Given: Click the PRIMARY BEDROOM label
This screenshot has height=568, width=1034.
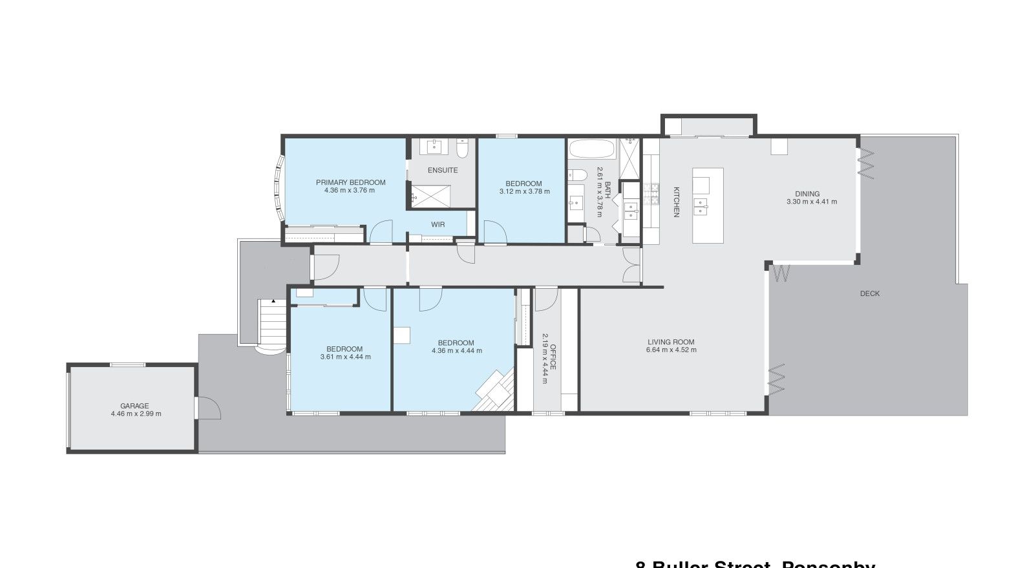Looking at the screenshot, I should coord(350,182).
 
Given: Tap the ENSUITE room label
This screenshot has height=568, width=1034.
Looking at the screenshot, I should coord(443,171).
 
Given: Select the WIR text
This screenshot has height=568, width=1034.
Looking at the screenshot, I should coord(438,225).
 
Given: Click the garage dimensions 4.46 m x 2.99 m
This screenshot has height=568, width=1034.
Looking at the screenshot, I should coord(136,414).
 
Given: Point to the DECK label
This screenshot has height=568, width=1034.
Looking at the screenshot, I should coord(869,294).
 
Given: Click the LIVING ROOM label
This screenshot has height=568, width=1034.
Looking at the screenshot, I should coord(671,342).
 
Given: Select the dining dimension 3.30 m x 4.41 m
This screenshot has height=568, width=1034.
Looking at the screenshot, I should coord(811,202).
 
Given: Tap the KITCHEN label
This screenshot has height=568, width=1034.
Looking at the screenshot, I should coord(677,202).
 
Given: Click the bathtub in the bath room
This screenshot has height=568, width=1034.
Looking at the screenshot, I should coord(591,149).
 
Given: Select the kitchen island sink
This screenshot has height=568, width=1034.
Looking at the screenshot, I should coord(700,206).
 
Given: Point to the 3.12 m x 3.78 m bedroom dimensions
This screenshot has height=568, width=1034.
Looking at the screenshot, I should coord(524,191).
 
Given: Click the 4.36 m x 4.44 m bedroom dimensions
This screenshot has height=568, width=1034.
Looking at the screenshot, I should coord(456,351).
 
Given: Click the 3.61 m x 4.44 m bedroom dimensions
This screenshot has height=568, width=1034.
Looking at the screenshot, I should coord(345,357).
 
